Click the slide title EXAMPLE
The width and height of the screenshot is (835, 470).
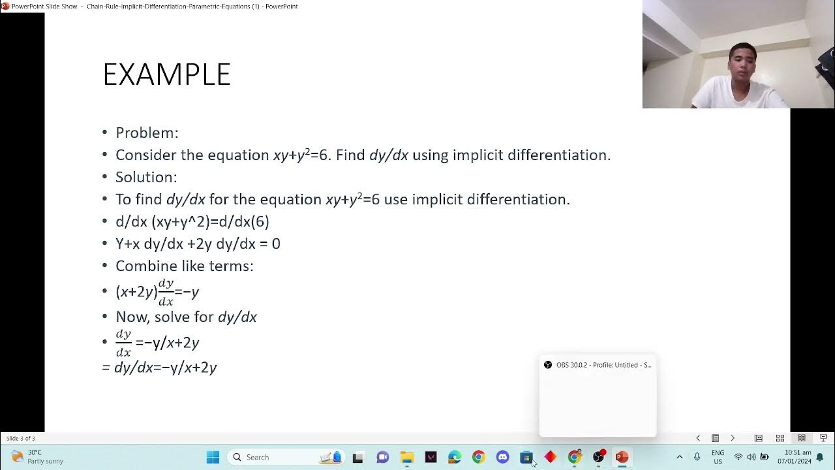point(166,75)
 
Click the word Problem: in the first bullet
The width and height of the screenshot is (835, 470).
point(147,133)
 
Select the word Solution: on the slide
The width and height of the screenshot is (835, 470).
point(146,178)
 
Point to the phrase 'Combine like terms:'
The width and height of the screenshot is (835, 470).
point(184,266)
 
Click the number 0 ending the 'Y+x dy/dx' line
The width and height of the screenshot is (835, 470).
point(276,244)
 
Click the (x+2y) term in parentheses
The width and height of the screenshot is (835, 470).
point(136,292)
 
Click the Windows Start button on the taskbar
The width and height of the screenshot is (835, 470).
point(213,457)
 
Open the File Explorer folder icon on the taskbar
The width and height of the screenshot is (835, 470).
point(406,457)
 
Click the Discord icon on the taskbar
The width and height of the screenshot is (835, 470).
point(502,457)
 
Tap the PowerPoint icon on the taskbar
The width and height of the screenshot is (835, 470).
point(621,457)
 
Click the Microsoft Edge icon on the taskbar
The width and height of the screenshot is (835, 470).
point(455,457)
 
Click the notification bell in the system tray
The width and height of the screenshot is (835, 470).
point(820,457)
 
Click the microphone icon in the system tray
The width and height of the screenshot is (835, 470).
point(697,457)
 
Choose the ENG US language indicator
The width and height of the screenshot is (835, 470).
point(718,457)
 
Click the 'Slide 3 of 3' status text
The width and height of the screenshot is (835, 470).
point(21,439)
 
